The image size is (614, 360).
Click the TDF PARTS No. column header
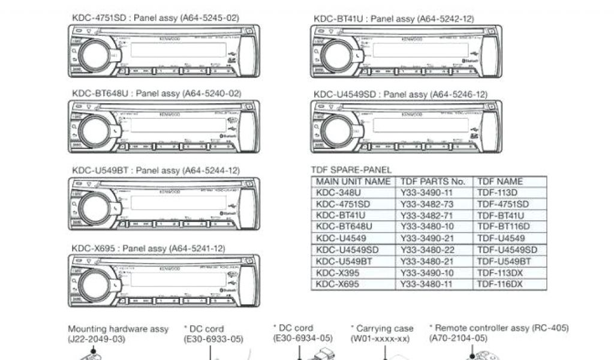[x=432, y=181]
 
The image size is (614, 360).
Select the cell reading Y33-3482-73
[x=427, y=204]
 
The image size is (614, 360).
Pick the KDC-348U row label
[x=339, y=193]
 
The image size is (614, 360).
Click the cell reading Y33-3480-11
[x=427, y=284]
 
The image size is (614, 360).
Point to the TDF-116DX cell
[x=500, y=284]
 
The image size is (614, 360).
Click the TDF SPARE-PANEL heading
[x=351, y=170]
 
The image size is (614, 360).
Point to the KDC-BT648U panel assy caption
[x=156, y=94]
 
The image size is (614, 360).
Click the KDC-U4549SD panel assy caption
[x=401, y=94]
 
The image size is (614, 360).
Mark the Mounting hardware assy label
[x=118, y=329]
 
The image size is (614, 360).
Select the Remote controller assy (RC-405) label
[x=499, y=328]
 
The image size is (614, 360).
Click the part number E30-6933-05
[x=213, y=339]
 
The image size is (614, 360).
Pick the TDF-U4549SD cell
[x=507, y=250]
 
